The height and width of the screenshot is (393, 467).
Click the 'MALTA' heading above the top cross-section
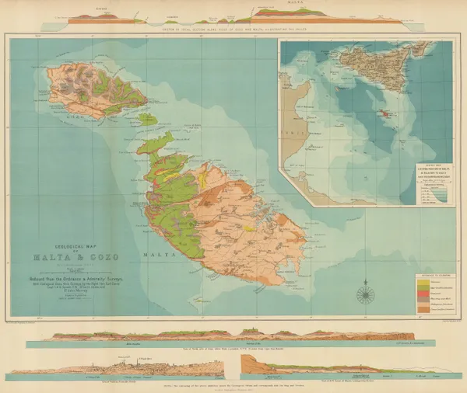coord(311,4)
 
